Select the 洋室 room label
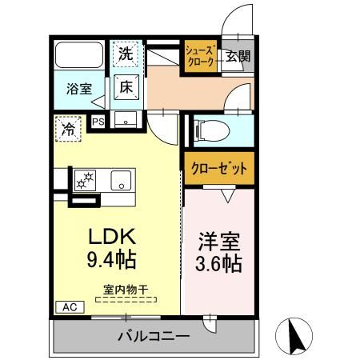coord(217,241)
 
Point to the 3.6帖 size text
coord(217,262)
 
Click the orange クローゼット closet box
coord(218,168)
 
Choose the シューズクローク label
coord(200,58)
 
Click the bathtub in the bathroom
coord(78,56)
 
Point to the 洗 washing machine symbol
coord(126,54)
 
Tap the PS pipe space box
coord(98,122)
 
